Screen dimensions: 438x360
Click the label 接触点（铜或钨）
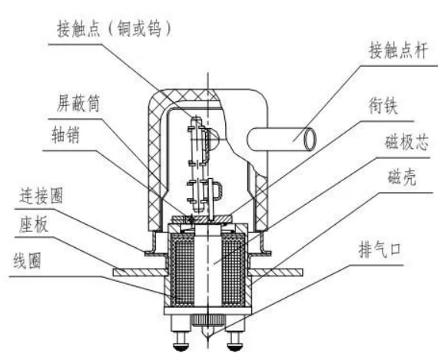tap(114, 28)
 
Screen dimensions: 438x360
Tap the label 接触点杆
tap(398, 51)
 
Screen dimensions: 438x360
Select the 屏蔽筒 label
tap(78, 103)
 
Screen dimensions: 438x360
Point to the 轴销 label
tap(65, 134)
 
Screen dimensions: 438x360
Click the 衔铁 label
tap(383, 105)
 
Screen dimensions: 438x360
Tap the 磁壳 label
tap(402, 177)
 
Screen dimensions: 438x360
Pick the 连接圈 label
tap(41, 195)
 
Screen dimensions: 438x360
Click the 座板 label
tap(34, 224)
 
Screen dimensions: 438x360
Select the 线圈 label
tap(28, 260)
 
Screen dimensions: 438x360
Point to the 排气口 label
tap(380, 249)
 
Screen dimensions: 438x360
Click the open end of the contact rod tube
tap(310, 139)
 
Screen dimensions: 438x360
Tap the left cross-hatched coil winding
tap(183, 269)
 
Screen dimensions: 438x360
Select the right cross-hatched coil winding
tap(234, 269)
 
